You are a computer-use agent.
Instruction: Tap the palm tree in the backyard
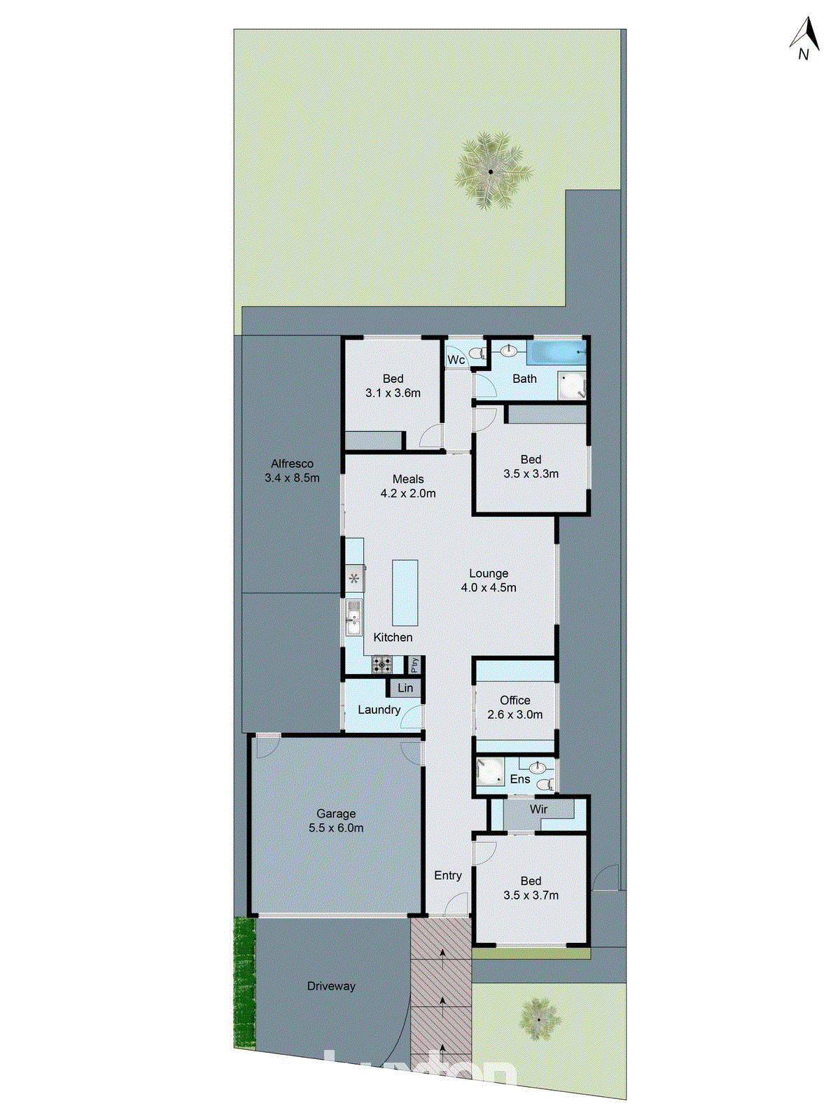point(490,171)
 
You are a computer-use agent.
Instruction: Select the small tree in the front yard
point(539,1018)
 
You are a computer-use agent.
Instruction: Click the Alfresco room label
point(292,470)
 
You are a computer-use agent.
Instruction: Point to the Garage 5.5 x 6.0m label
point(336,820)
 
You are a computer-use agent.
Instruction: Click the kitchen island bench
point(405,592)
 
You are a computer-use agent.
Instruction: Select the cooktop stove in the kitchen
point(382,664)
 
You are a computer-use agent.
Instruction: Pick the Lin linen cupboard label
point(405,688)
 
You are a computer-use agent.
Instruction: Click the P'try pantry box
point(414,664)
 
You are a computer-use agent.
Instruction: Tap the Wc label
point(456,360)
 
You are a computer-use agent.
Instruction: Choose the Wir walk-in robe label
point(538,809)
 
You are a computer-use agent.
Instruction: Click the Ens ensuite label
point(520,779)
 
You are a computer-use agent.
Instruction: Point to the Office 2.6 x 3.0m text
point(515,707)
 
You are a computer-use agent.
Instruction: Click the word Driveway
point(331,986)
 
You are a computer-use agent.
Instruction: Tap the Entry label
point(448,875)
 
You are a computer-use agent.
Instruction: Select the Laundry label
point(379,710)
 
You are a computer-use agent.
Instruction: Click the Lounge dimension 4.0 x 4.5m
point(489,588)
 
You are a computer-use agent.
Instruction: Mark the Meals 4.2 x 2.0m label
point(408,486)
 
